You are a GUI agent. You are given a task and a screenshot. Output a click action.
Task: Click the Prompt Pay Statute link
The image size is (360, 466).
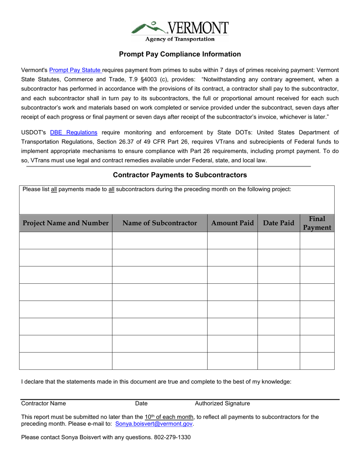click(75, 70)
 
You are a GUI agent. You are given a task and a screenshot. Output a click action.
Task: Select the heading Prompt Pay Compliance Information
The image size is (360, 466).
click(180, 54)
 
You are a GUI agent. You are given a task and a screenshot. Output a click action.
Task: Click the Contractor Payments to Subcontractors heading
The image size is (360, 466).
click(180, 175)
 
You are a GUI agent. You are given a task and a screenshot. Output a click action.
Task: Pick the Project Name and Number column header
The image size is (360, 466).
click(66, 223)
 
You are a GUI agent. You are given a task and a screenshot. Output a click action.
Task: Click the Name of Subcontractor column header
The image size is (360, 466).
click(160, 223)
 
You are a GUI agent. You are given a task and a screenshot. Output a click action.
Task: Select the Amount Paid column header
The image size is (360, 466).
click(232, 223)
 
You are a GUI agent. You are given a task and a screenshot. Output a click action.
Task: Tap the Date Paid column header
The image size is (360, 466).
click(279, 223)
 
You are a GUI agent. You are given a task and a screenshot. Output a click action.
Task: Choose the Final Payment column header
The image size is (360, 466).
click(317, 223)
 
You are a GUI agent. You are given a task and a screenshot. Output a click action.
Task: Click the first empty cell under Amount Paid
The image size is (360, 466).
click(232, 241)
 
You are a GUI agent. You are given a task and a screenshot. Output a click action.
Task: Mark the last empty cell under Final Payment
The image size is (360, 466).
click(317, 361)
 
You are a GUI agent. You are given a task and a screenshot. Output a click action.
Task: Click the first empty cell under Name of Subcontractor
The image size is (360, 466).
click(160, 241)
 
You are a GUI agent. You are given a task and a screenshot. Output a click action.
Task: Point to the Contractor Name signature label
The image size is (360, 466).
click(44, 403)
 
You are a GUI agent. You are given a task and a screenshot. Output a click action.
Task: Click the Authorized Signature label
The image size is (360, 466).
click(222, 403)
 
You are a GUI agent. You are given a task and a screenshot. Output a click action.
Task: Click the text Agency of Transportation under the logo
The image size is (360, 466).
click(180, 39)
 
